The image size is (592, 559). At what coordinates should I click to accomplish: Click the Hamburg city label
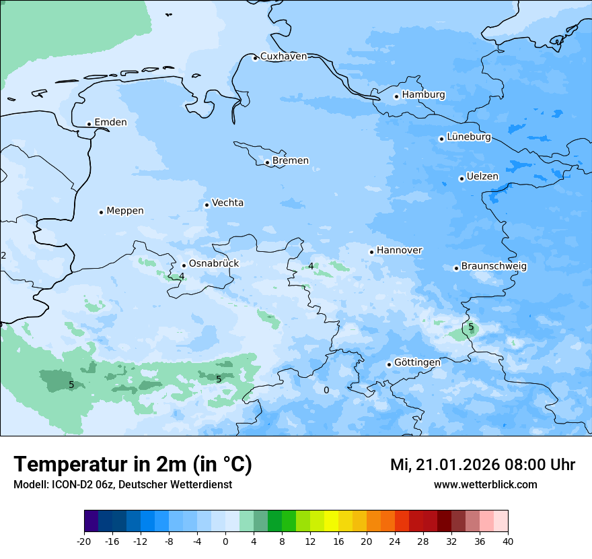click(423, 95)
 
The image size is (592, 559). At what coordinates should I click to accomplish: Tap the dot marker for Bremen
click(267, 162)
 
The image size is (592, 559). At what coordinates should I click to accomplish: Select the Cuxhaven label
click(283, 57)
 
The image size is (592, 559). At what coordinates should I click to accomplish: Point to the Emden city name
click(110, 123)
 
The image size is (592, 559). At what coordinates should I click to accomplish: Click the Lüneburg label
click(468, 137)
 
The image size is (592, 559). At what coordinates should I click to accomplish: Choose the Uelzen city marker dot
click(461, 178)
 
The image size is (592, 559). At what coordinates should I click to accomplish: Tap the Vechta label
click(227, 203)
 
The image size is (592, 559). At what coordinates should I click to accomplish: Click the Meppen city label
click(124, 211)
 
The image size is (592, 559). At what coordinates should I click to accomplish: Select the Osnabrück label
click(213, 264)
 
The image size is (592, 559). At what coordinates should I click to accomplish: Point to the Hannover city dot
click(371, 252)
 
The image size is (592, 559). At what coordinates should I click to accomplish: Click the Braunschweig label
click(493, 267)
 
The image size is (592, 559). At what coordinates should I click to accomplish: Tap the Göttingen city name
click(417, 362)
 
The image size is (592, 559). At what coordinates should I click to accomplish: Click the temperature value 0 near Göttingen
click(326, 391)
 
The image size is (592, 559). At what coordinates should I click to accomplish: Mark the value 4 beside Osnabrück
click(182, 276)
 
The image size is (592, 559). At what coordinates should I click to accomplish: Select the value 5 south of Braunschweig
click(471, 327)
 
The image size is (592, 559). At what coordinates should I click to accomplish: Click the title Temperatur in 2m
click(133, 465)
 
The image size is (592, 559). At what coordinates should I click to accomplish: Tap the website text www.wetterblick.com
click(485, 485)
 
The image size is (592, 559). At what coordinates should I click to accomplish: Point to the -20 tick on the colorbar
click(84, 541)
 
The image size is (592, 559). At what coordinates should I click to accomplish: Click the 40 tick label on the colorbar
click(507, 541)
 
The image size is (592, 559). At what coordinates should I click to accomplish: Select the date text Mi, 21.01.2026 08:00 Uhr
click(482, 465)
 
